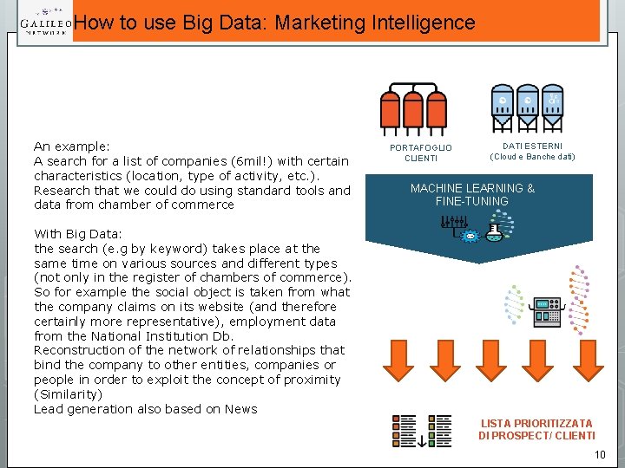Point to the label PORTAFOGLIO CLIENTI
(421, 153)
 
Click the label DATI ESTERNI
(532, 146)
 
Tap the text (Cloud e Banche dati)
(532, 157)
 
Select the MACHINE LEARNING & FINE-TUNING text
(472, 194)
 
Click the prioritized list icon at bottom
(422, 430)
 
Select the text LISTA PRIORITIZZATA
(536, 423)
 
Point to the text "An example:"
(71, 146)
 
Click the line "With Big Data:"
(77, 234)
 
